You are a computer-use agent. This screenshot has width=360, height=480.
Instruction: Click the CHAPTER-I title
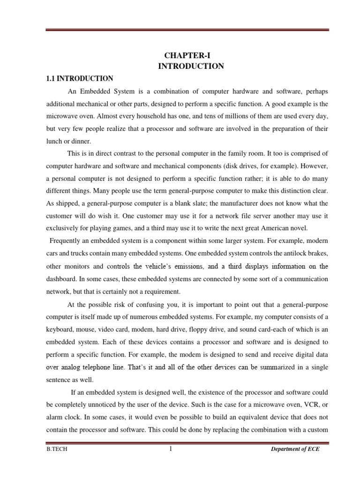190,55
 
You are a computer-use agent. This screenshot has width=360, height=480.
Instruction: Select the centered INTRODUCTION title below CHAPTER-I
190,66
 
